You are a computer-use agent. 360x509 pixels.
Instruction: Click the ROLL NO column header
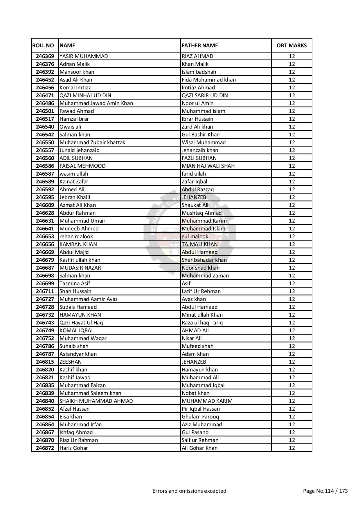43,46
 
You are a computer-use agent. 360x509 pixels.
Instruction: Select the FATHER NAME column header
200,46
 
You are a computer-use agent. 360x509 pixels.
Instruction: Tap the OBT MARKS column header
291,46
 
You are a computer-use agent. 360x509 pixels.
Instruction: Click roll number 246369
45,56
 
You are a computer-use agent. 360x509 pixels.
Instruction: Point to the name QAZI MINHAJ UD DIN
85,95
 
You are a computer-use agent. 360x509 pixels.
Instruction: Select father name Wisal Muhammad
204,142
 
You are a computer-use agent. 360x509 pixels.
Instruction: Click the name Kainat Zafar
74,182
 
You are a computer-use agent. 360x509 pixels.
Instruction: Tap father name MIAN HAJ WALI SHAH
208,166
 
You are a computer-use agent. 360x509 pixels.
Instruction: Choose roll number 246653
45,237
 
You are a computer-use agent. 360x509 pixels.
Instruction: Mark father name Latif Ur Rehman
201,291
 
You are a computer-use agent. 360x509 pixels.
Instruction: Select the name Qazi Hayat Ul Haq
81,323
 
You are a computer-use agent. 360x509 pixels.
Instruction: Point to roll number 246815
45,362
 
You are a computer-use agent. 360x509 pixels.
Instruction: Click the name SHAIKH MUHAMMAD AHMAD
96,401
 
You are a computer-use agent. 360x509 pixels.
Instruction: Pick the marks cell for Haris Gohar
291,448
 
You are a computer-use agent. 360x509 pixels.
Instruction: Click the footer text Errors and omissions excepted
189,491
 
